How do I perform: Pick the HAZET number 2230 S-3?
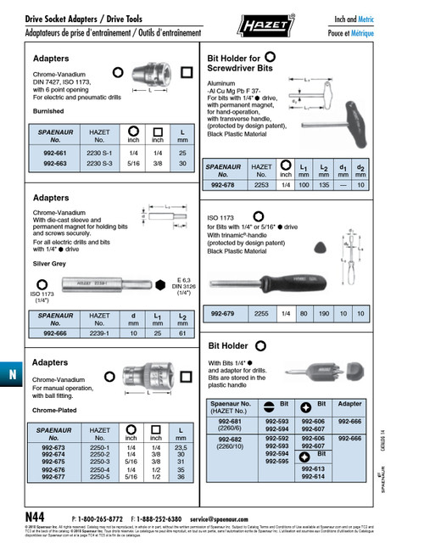[x=98, y=162]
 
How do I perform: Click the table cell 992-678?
[x=223, y=184]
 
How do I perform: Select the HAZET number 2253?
[x=261, y=184]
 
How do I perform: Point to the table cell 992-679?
[x=223, y=313]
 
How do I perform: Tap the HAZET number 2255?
[x=261, y=313]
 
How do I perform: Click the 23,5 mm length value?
[x=181, y=446]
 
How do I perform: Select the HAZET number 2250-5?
[x=99, y=477]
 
